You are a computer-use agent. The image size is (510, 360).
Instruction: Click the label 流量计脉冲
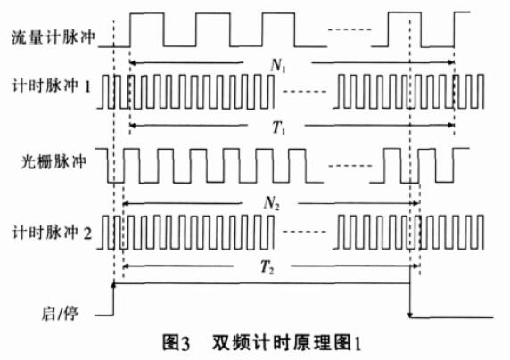[x=53, y=37]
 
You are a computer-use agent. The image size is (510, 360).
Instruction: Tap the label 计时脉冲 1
[x=51, y=86]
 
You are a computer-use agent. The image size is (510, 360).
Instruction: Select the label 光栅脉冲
[x=53, y=161]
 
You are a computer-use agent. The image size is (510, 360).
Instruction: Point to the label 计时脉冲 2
[x=52, y=233]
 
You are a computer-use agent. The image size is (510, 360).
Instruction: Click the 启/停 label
[x=60, y=314]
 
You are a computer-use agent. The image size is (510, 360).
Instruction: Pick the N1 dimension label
[x=277, y=66]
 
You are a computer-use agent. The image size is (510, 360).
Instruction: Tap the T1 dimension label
[x=278, y=127]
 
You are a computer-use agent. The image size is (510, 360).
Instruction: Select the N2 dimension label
[x=271, y=204]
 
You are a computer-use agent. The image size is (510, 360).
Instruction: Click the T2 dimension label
[x=267, y=267]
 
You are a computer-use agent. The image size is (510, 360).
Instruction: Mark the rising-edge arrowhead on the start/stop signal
[x=114, y=285]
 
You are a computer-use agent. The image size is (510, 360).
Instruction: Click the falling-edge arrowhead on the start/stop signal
[x=410, y=315]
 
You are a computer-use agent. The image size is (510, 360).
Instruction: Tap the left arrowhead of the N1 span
[x=132, y=62]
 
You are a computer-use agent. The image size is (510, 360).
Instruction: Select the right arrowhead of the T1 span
[x=451, y=125]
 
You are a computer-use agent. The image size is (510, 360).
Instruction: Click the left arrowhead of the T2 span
[x=127, y=266]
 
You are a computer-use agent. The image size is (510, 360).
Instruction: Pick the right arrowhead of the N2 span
[x=415, y=203]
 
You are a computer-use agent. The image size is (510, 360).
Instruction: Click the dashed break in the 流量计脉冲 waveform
[x=350, y=30]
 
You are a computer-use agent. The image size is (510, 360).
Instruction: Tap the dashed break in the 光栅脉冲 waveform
[x=350, y=166]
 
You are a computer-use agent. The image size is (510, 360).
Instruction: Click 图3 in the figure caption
[x=176, y=343]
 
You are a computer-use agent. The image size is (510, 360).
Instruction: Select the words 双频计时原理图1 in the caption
[x=286, y=343]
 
